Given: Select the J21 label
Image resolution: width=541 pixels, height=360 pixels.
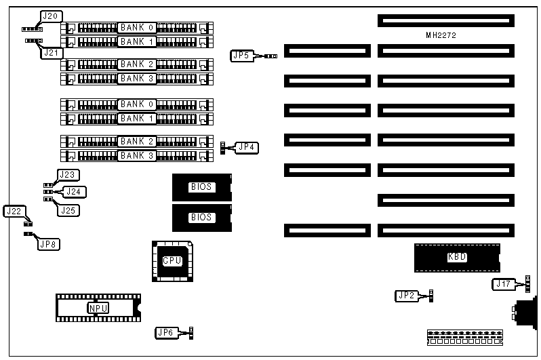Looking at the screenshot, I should pyautogui.click(x=52, y=52).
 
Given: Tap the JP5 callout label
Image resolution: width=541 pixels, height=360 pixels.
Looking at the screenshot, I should pyautogui.click(x=240, y=56).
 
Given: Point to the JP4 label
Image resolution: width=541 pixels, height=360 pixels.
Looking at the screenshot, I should pyautogui.click(x=247, y=146).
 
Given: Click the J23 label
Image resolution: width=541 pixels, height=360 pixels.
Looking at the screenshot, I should pyautogui.click(x=68, y=175).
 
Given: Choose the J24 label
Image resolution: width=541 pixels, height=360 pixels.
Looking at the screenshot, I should pyautogui.click(x=75, y=192).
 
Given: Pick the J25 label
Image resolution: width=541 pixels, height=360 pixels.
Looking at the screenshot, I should pyautogui.click(x=68, y=210).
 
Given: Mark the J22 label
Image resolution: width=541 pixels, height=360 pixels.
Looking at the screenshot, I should pyautogui.click(x=14, y=211).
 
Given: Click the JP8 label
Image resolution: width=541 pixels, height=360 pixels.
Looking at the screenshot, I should pyautogui.click(x=47, y=244).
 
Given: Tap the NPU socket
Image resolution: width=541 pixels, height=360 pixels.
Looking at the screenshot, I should pyautogui.click(x=98, y=308).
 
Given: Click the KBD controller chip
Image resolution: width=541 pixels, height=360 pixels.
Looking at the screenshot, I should pyautogui.click(x=457, y=257).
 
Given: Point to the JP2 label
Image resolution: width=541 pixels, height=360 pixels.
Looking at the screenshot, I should pyautogui.click(x=405, y=295).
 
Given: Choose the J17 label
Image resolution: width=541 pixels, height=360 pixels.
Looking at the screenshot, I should pyautogui.click(x=503, y=284).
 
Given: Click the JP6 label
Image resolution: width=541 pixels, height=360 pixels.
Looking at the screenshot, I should pyautogui.click(x=166, y=332).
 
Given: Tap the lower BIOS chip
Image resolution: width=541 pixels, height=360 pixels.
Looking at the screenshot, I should pyautogui.click(x=201, y=218).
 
